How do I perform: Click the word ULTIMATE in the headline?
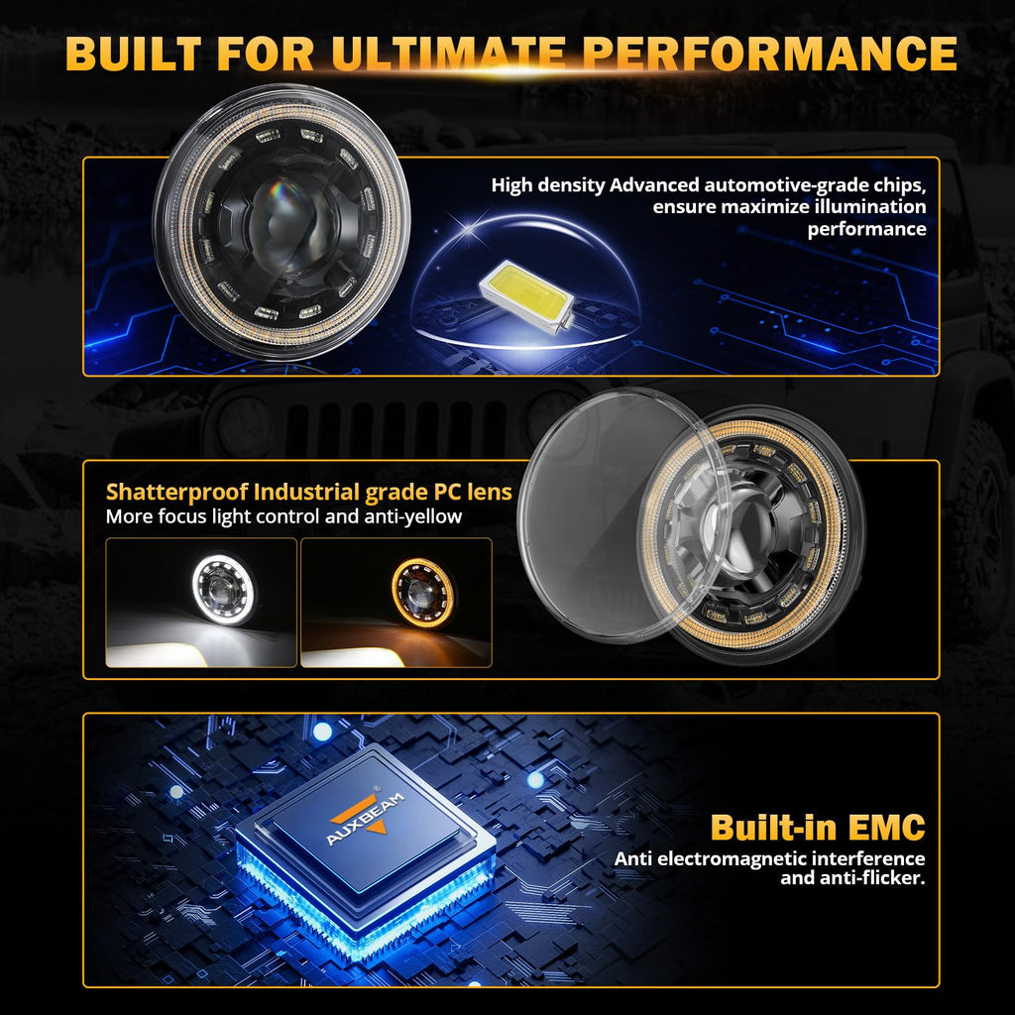click(x=449, y=54)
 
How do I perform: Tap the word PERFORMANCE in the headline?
click(x=769, y=54)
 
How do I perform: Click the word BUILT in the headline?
click(x=134, y=54)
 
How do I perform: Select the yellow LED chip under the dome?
click(x=526, y=295)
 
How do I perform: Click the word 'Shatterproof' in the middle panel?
click(x=176, y=492)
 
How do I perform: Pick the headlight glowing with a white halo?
click(x=224, y=589)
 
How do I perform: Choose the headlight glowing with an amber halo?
click(x=422, y=593)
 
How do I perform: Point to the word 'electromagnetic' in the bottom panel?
click(x=733, y=859)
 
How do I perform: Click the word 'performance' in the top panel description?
click(x=866, y=229)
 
